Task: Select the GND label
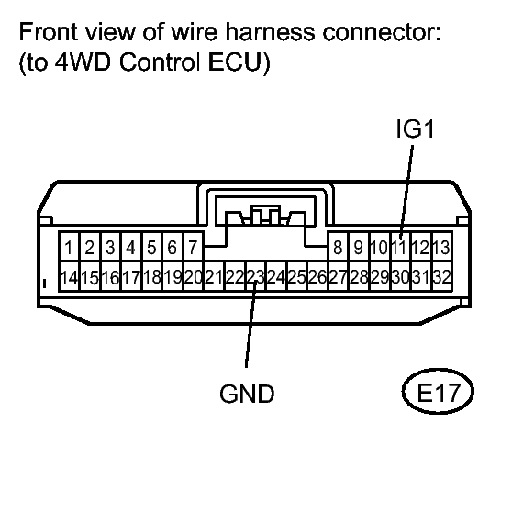[247, 395]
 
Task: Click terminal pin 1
[70, 247]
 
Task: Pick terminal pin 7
[192, 247]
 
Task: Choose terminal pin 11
[401, 247]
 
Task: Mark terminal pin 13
[441, 247]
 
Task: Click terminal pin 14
[68, 276]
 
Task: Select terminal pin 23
[255, 276]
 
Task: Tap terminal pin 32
[441, 276]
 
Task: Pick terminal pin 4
[130, 247]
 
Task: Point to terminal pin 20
[193, 276]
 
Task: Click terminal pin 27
[338, 276]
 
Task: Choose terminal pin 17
[130, 276]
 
